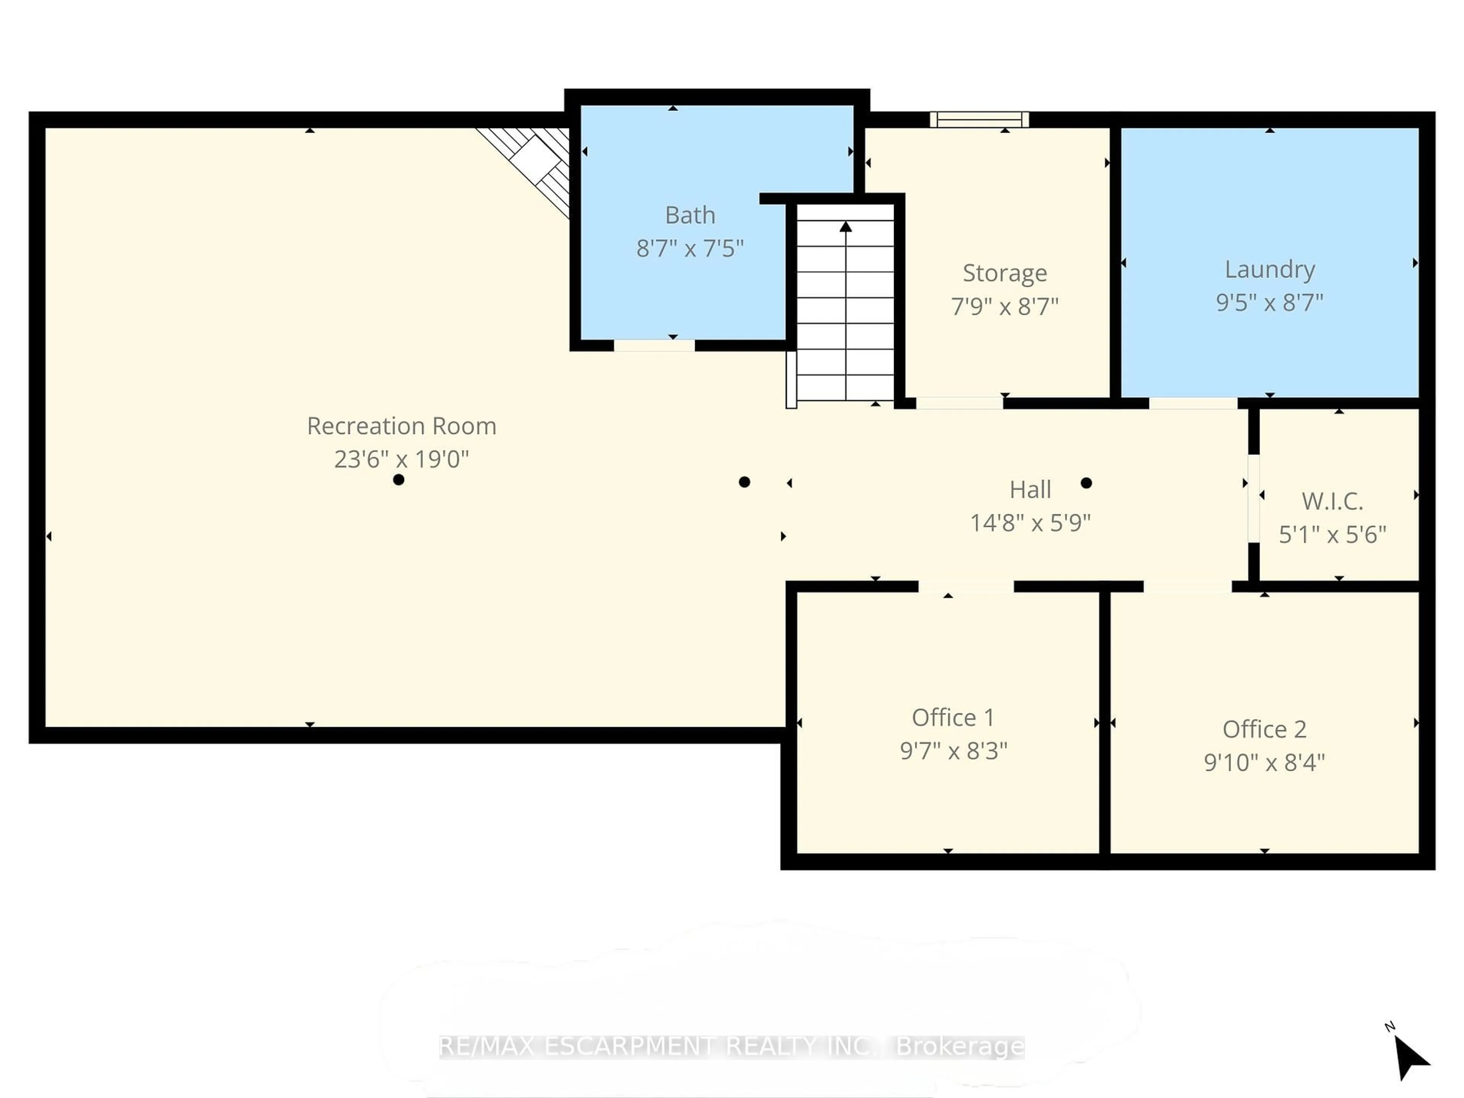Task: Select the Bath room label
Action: [690, 215]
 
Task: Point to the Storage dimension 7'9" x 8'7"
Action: [1004, 307]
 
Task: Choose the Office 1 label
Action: [952, 718]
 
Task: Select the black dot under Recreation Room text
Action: [398, 480]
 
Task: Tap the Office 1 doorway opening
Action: [966, 586]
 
